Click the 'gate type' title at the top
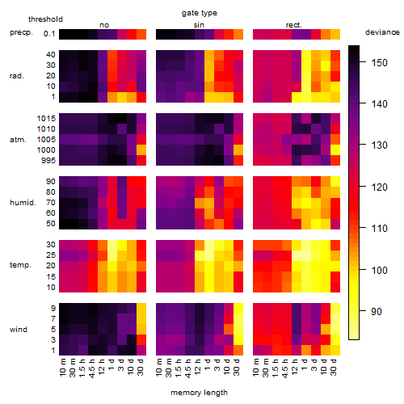click(200, 13)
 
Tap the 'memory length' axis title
click(200, 393)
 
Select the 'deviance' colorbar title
click(382, 32)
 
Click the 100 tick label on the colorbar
click(379, 270)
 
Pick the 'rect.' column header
click(294, 25)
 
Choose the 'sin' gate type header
click(199, 25)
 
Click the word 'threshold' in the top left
click(45, 19)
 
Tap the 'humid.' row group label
click(23, 203)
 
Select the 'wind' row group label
click(19, 330)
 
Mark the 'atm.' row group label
click(18, 140)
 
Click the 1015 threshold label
click(46, 119)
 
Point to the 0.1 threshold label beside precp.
click(49, 34)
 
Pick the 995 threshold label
click(48, 161)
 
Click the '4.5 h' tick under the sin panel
click(188, 368)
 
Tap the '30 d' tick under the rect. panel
click(334, 367)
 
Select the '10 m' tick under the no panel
click(62, 368)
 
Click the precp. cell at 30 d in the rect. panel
click(335, 34)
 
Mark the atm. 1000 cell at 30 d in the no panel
click(141, 150)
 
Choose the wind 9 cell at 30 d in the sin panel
click(238, 308)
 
